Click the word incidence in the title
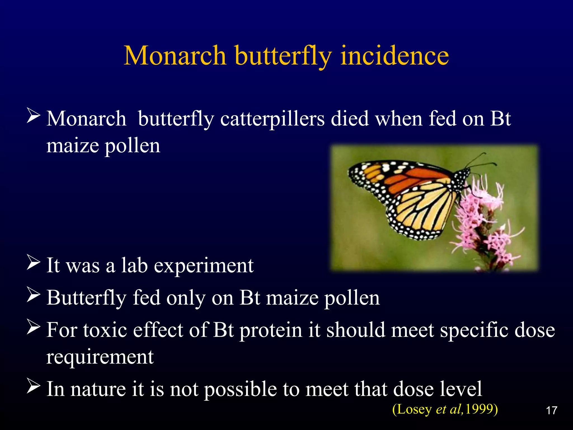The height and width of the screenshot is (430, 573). click(x=394, y=56)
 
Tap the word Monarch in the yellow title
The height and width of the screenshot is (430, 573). click(x=175, y=56)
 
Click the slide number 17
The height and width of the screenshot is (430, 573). click(x=551, y=411)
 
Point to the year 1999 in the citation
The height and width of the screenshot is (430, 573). click(x=479, y=409)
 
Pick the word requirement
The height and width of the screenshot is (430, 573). click(x=100, y=357)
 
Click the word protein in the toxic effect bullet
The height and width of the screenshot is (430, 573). click(x=271, y=330)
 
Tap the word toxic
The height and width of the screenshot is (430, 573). click(x=105, y=330)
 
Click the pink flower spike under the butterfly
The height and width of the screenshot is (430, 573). click(x=481, y=224)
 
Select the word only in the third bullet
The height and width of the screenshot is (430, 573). click(x=186, y=298)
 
